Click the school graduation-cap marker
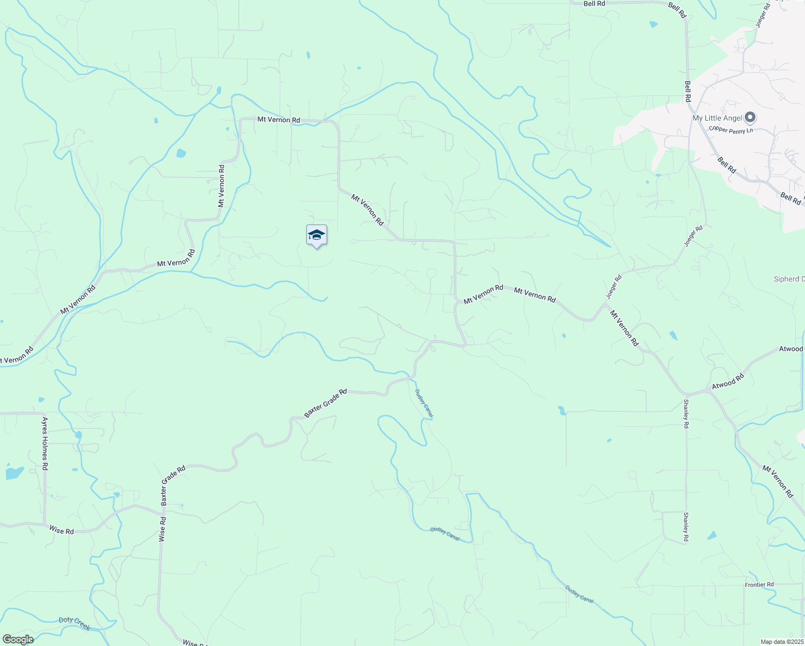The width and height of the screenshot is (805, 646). click(x=316, y=235)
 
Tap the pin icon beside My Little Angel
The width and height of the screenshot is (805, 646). click(x=751, y=117)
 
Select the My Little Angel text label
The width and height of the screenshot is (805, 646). click(x=717, y=118)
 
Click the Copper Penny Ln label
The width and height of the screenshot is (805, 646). click(x=731, y=130)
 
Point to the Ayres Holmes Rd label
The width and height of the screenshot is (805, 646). click(x=45, y=443)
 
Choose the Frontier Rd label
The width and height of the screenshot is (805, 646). click(x=759, y=585)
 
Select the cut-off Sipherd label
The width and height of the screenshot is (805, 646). click(x=789, y=279)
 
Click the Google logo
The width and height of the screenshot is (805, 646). click(x=17, y=639)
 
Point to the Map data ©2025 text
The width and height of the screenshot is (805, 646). click(x=782, y=642)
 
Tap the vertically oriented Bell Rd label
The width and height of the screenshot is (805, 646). click(x=688, y=91)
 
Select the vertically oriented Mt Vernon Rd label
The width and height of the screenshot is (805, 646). click(x=221, y=186)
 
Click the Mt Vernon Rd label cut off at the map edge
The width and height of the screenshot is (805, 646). click(x=17, y=356)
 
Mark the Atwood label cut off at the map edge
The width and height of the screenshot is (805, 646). click(x=791, y=349)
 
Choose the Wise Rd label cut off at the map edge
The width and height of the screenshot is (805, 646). click(x=195, y=642)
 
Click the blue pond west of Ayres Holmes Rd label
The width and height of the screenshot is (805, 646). click(x=14, y=473)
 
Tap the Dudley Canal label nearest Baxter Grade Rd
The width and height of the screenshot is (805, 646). click(x=424, y=403)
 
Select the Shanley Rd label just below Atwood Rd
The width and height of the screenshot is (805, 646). click(x=686, y=413)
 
